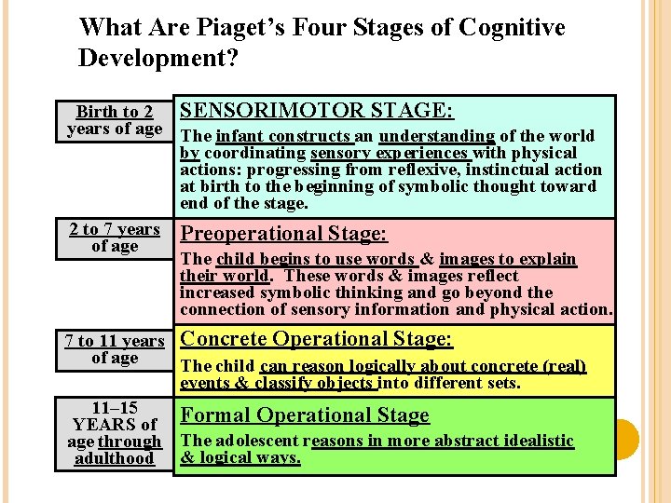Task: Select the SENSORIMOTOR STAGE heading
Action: point(317,111)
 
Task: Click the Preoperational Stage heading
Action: point(283,234)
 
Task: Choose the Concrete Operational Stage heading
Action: point(316,340)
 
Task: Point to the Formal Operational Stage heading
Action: point(305,415)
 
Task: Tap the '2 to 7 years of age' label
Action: point(115,238)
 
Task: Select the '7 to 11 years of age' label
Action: point(115,349)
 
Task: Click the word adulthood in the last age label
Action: point(115,458)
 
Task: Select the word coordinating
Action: point(255,153)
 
